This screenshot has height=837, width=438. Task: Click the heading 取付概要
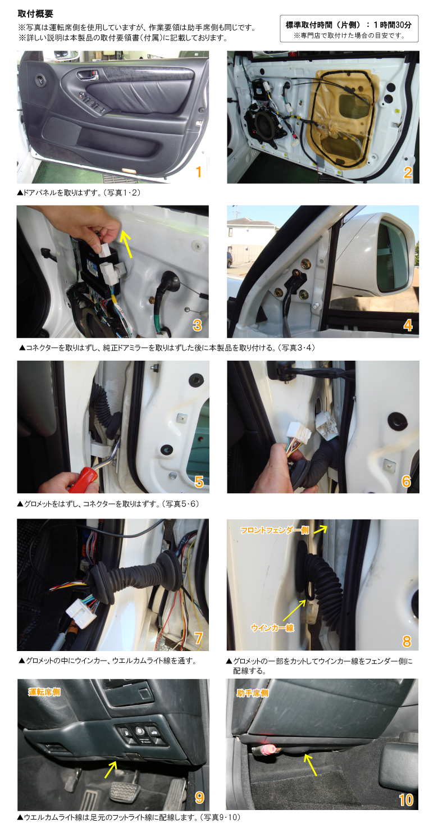click(35, 14)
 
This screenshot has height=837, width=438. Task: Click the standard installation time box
click(349, 29)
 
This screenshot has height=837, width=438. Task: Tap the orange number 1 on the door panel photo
click(199, 172)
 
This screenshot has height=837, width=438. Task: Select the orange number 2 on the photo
click(408, 172)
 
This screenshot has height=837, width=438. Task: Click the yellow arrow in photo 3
click(126, 244)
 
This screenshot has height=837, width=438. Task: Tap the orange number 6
click(406, 481)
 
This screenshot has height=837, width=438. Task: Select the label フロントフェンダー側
click(275, 530)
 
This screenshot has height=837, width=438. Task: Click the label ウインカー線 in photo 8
click(272, 628)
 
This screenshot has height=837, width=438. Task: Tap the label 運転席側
click(44, 692)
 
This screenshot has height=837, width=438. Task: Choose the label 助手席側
click(253, 693)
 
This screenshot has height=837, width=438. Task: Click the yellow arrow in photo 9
click(111, 770)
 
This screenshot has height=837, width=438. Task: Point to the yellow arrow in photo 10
click(311, 765)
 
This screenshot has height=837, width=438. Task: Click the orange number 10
click(406, 800)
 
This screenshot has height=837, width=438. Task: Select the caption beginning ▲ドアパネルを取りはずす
click(79, 193)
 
